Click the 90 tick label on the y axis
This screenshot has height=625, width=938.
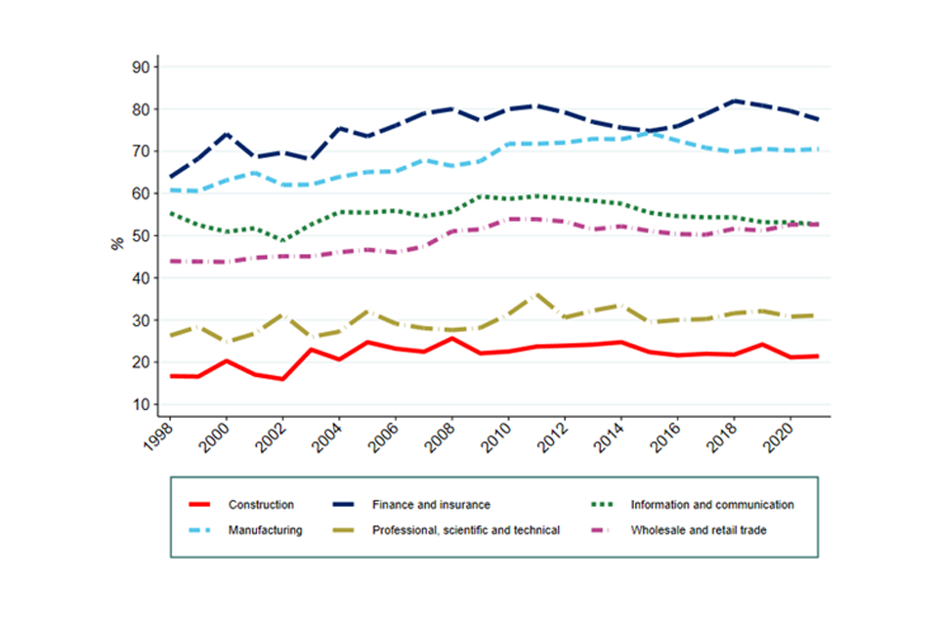pos(139,67)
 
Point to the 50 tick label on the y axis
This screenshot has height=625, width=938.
pos(139,235)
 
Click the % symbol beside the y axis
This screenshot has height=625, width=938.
pos(116,243)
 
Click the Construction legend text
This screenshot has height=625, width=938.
pos(261,505)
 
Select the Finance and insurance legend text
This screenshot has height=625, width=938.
pos(431,505)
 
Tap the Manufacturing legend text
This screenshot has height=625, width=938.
pos(266,530)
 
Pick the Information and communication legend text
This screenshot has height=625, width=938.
pos(712,505)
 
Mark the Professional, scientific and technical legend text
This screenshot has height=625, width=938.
pos(466,530)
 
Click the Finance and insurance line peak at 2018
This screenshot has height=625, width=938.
pos(735,101)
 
